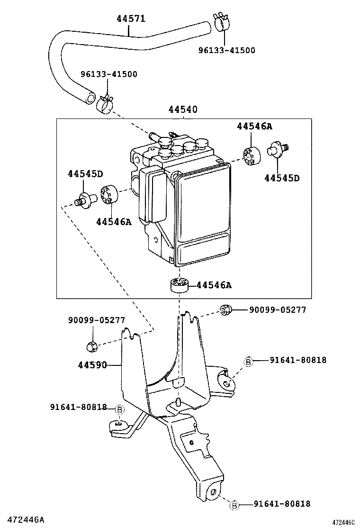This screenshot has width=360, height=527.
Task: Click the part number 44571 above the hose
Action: [131, 18]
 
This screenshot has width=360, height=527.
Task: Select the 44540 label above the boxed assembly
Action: [183, 110]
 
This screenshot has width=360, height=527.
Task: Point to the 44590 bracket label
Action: [93, 365]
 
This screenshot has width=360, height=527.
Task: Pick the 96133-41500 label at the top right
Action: [226, 50]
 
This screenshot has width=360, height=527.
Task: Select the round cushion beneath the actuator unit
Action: [179, 285]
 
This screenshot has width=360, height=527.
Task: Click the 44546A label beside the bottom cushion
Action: [214, 285]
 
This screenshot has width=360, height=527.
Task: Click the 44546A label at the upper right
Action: [255, 126]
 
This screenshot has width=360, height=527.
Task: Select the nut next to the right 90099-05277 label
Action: [225, 310]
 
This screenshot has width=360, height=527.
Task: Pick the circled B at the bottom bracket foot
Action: [234, 506]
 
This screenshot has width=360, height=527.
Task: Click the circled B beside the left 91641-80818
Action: [119, 409]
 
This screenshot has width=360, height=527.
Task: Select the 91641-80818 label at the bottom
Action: [282, 504]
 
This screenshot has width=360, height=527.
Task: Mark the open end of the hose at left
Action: [90, 98]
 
